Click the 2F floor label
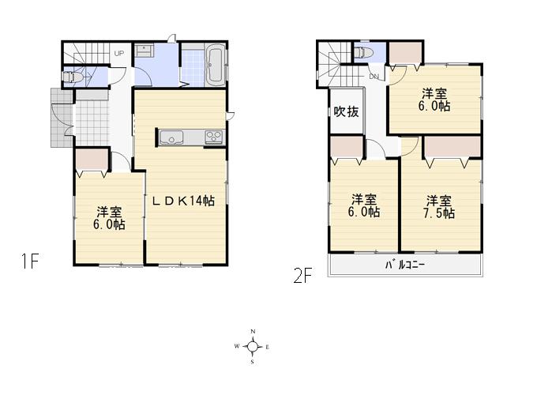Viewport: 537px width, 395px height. click(x=303, y=276)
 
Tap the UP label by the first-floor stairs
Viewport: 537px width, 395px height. click(x=119, y=54)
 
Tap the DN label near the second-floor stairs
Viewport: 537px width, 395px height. click(x=374, y=76)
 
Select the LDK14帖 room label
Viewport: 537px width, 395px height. click(x=183, y=201)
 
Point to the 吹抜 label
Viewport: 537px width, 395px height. click(x=346, y=111)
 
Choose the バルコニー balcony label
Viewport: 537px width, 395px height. click(x=405, y=265)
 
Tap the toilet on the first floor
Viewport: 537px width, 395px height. click(x=73, y=77)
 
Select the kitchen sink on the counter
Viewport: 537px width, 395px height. click(x=171, y=137)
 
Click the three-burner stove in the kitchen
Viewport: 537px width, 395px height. click(x=215, y=137)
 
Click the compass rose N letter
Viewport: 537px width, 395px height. click(x=253, y=331)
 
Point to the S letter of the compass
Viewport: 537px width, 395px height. click(x=253, y=363)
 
